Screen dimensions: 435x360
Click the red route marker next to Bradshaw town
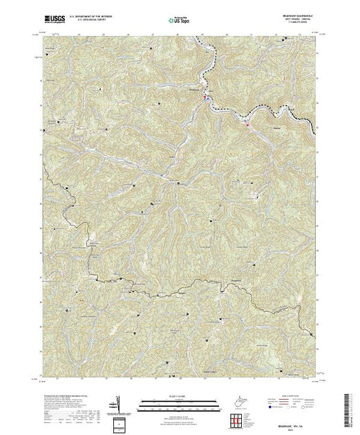click(205, 98)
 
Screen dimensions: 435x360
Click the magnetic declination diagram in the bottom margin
click(118, 402)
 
